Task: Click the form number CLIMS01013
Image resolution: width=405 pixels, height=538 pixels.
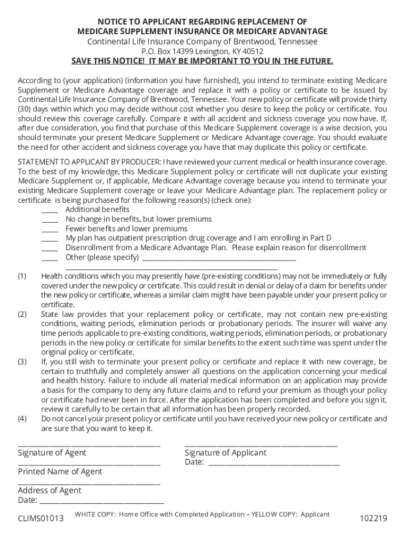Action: point(40,519)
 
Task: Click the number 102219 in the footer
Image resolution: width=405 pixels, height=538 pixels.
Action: point(373,519)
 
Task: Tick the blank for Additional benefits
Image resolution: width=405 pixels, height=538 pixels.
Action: point(50,210)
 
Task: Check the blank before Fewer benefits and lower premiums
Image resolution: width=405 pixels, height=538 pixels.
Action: point(50,229)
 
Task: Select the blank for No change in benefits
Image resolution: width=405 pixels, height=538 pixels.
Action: point(50,220)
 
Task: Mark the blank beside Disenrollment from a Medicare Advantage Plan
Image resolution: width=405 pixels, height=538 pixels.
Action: point(50,248)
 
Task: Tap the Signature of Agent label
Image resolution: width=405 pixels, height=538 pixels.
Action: point(52,453)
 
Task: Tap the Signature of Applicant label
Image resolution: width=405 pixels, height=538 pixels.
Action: point(225,453)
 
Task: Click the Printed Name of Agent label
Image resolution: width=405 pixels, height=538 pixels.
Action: point(60,472)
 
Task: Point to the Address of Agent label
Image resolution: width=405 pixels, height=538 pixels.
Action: point(49,491)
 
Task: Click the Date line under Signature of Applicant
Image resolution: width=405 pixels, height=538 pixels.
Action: point(274,463)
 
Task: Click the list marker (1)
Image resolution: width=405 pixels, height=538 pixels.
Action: point(22,276)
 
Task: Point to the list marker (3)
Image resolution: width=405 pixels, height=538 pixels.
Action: point(22,362)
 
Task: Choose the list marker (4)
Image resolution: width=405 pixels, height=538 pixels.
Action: point(22,419)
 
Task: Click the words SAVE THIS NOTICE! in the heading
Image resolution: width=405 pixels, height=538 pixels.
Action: point(109,61)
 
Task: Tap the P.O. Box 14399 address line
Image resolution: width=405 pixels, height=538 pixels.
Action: point(202,51)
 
